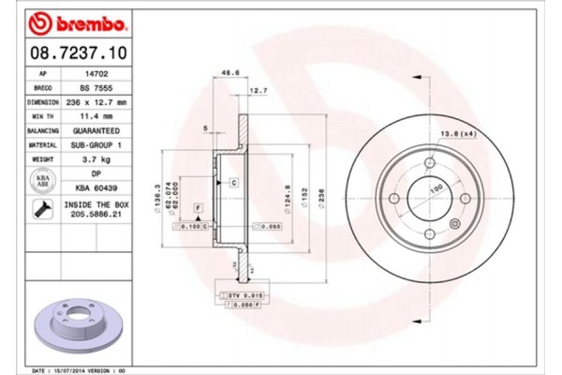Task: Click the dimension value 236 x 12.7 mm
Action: (95, 101)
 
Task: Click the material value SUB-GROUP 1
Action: (95, 145)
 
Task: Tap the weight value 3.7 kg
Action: (95, 160)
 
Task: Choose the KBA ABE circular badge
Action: (43, 180)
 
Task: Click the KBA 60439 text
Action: (95, 187)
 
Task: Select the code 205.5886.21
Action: (95, 217)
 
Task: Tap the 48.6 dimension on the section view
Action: (226, 72)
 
